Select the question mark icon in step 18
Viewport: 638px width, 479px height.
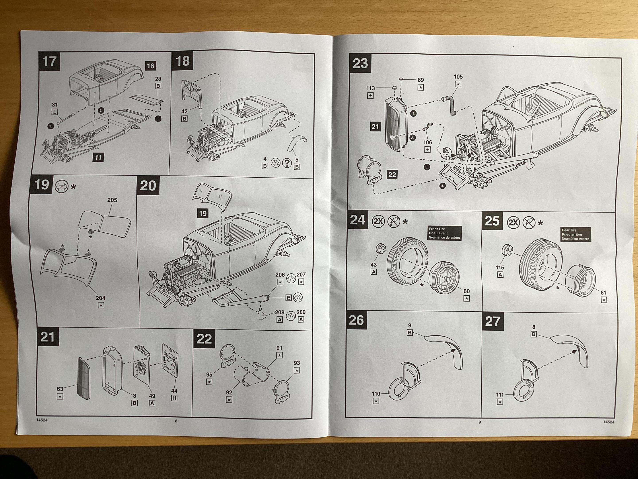click(287, 163)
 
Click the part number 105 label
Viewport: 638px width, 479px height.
click(458, 77)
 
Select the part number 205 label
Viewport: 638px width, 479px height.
click(112, 200)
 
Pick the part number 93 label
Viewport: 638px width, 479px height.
click(297, 363)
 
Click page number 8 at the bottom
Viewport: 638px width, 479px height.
click(176, 421)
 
